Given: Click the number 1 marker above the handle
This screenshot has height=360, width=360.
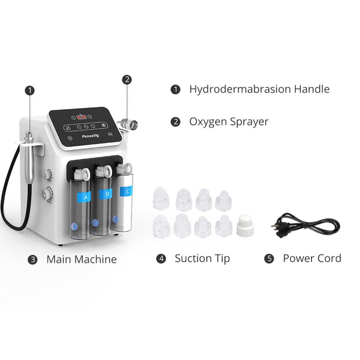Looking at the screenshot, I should click(x=30, y=90).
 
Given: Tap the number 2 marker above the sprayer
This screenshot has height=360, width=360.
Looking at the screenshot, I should click(x=127, y=79).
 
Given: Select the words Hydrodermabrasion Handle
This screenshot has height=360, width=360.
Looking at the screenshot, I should click(x=259, y=89).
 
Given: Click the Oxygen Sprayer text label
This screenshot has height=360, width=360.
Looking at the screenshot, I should click(x=229, y=121).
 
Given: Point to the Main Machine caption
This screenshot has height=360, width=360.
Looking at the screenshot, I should click(x=82, y=259).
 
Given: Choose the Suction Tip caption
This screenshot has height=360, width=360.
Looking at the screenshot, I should click(x=202, y=259).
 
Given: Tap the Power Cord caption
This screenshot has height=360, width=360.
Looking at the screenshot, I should click(x=312, y=259).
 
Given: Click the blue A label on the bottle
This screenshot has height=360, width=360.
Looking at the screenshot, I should click(x=85, y=196).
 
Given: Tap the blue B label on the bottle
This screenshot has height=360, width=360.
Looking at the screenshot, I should click(x=107, y=194).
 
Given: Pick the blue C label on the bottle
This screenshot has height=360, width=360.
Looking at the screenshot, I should click(x=126, y=191).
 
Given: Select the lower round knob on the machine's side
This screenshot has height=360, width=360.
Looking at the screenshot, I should click(x=46, y=193).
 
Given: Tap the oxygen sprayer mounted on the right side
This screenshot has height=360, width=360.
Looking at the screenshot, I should click(x=128, y=125).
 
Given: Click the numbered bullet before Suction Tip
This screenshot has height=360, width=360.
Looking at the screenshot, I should click(x=161, y=259).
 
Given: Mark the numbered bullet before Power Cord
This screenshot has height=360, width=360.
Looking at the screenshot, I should click(x=269, y=259).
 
